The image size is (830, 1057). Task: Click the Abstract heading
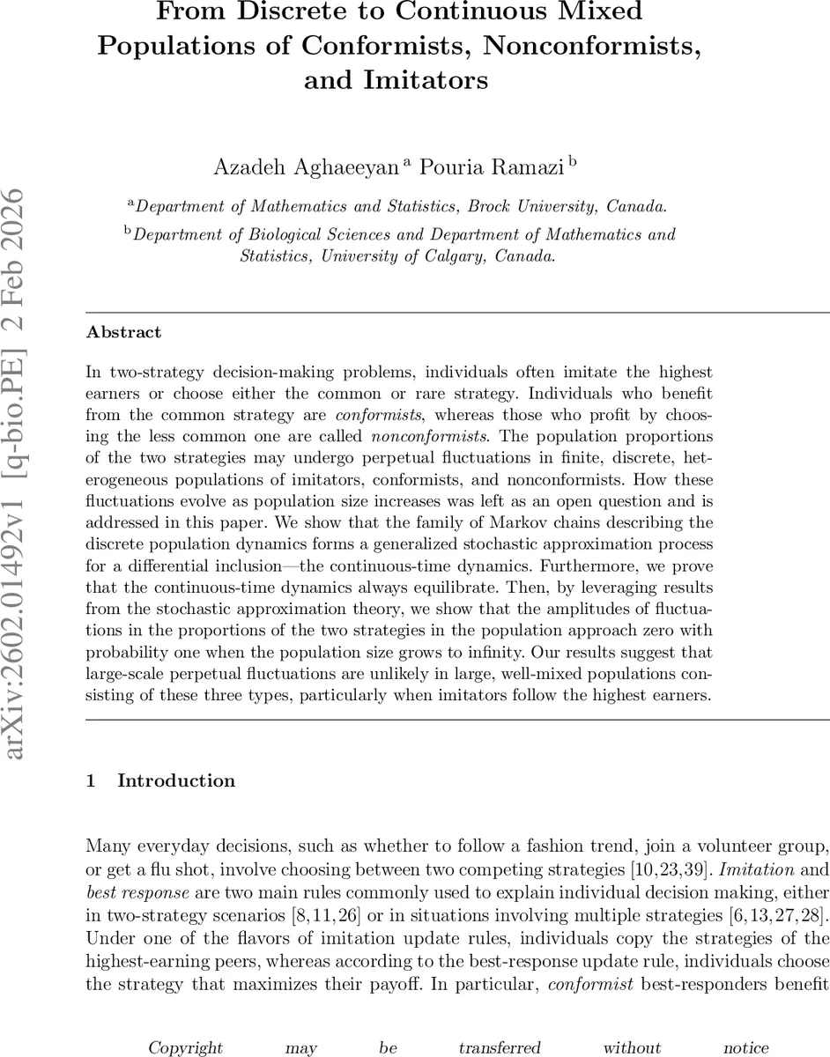pos(123,332)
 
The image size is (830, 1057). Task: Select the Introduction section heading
pos(176,780)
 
